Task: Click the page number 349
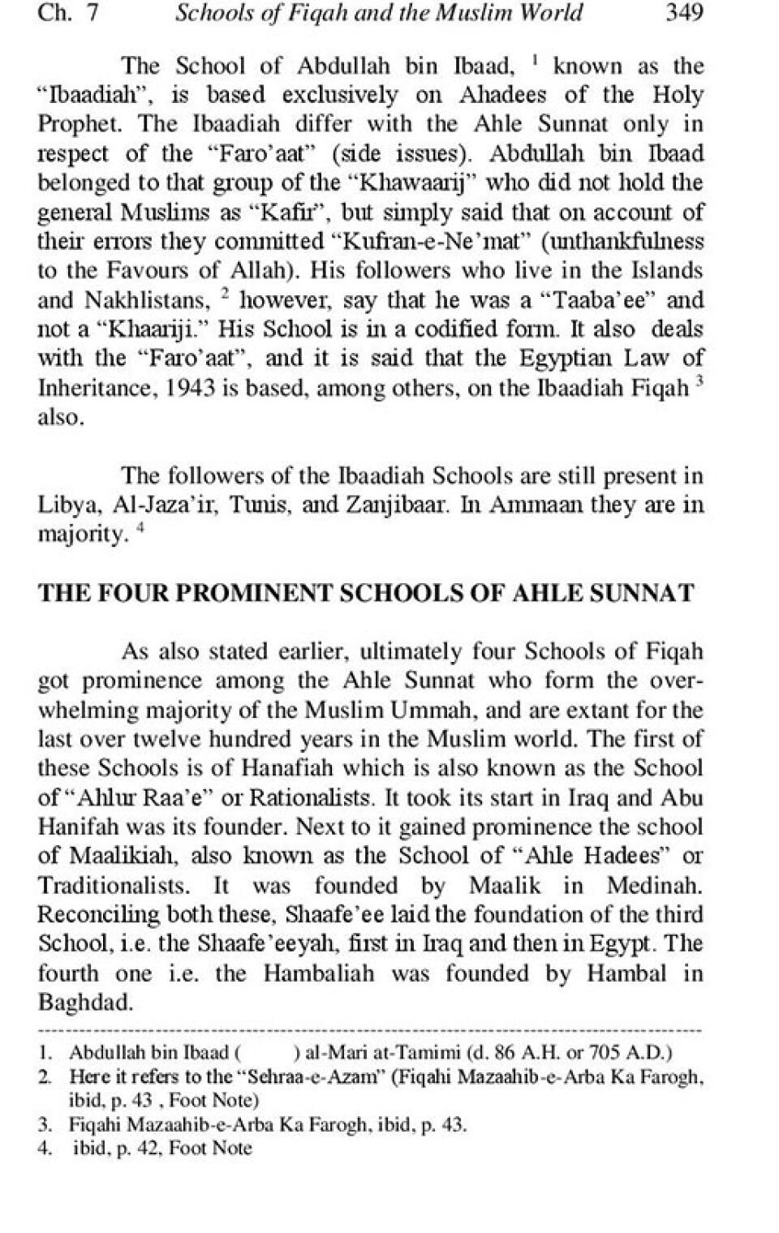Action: point(683,12)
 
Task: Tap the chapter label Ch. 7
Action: point(67,12)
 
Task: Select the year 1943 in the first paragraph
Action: point(192,388)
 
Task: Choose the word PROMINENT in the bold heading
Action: point(254,593)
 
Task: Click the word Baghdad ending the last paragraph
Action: point(84,1002)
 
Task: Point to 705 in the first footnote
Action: point(605,1054)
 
